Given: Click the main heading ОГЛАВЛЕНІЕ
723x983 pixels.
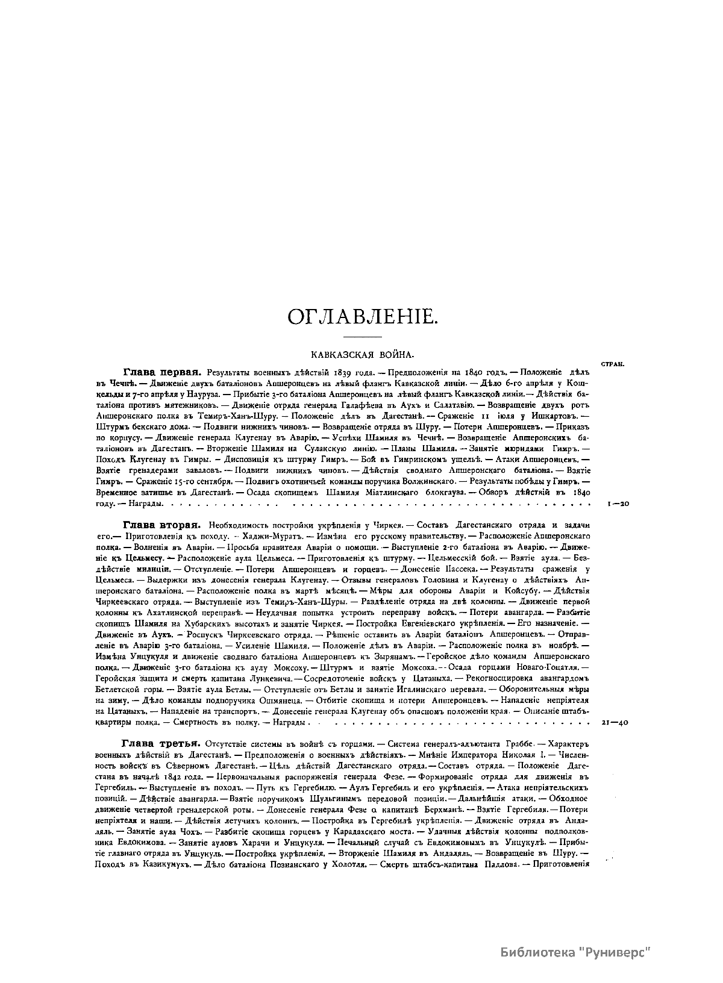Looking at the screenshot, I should (x=361, y=316).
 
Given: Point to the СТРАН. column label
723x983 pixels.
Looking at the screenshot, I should (x=612, y=364).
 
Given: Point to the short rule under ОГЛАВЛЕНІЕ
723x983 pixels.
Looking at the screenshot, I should (x=361, y=335).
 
